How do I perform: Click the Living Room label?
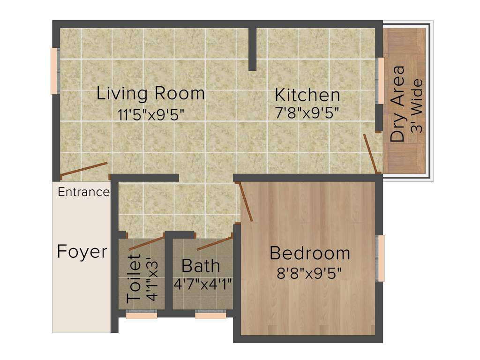click(x=150, y=93)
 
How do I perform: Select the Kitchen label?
click(x=307, y=95)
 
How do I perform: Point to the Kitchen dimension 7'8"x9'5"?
click(x=307, y=113)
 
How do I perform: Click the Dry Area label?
click(x=398, y=104)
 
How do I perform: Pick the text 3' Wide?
click(x=417, y=106)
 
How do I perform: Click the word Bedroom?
click(x=310, y=253)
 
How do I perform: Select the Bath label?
click(x=201, y=266)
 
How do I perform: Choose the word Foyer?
click(x=82, y=252)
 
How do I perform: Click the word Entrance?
click(x=83, y=192)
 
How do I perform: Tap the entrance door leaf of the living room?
click(x=84, y=169)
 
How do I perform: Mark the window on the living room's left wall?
click(x=54, y=71)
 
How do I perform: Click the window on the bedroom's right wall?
click(x=381, y=258)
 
